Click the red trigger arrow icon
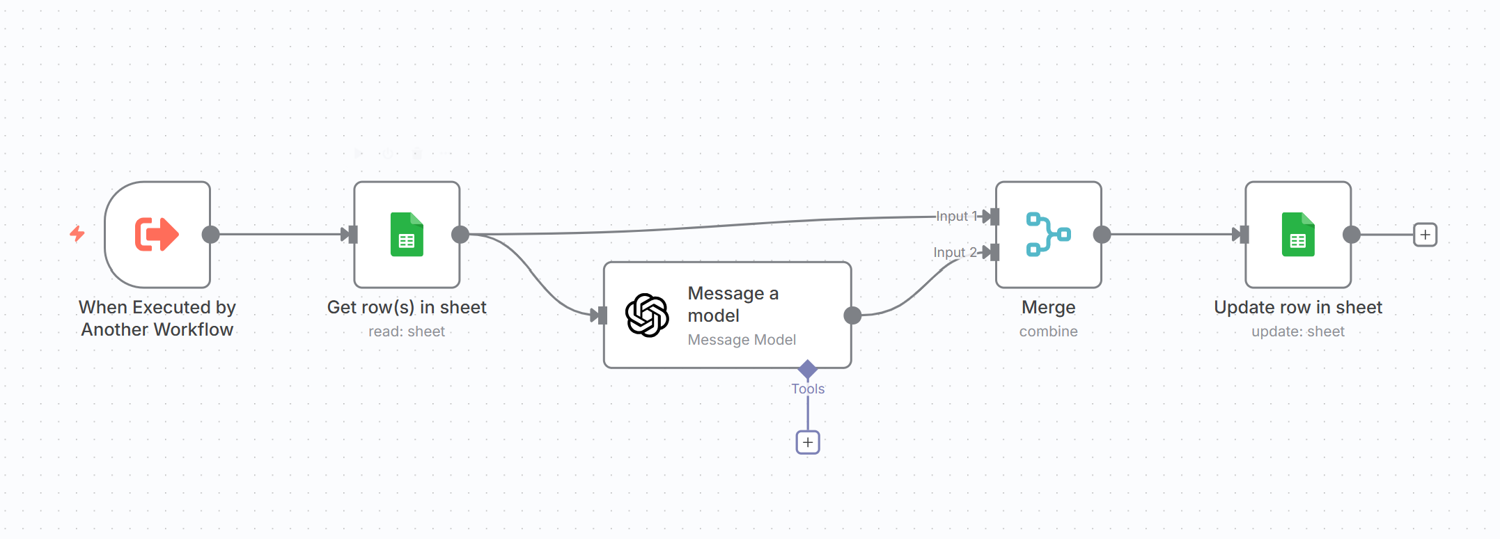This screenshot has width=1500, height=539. pyautogui.click(x=157, y=234)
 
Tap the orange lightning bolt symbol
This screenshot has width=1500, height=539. pyautogui.click(x=77, y=233)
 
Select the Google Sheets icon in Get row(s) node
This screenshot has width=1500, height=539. pyautogui.click(x=407, y=235)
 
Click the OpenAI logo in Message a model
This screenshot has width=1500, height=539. pyautogui.click(x=647, y=315)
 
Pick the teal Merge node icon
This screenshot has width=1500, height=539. pyautogui.click(x=1048, y=235)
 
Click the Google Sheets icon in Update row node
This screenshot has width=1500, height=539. pyautogui.click(x=1298, y=235)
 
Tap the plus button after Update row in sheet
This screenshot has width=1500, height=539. pyautogui.click(x=1425, y=235)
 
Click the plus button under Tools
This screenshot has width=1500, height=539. pyautogui.click(x=808, y=442)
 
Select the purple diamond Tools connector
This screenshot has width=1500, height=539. pyautogui.click(x=808, y=369)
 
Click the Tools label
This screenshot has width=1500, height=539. pyautogui.click(x=808, y=389)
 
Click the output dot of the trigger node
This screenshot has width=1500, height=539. pyautogui.click(x=210, y=235)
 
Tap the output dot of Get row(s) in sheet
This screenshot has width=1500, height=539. pyautogui.click(x=460, y=235)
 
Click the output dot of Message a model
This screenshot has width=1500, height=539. pyautogui.click(x=852, y=315)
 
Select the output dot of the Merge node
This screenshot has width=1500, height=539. pyautogui.click(x=1102, y=235)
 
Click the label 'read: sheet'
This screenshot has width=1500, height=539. pyautogui.click(x=407, y=331)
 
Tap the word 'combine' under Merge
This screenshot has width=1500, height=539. pyautogui.click(x=1048, y=331)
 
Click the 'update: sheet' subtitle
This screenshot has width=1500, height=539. pyautogui.click(x=1298, y=331)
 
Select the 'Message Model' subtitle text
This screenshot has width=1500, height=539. pyautogui.click(x=742, y=340)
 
